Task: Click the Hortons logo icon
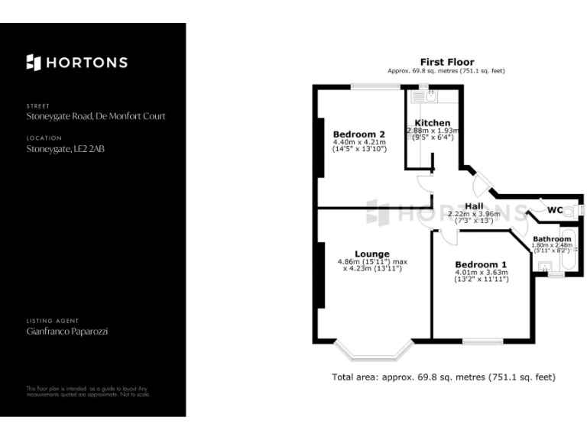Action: pyautogui.click(x=33, y=63)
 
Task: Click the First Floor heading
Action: pyautogui.click(x=447, y=62)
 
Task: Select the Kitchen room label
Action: pyautogui.click(x=433, y=123)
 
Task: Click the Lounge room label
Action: pyautogui.click(x=372, y=254)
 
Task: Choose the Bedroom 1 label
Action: pyautogui.click(x=482, y=264)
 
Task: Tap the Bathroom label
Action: pyautogui.click(x=552, y=239)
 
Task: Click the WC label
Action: pyautogui.click(x=555, y=210)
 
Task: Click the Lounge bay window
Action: pyautogui.click(x=375, y=351)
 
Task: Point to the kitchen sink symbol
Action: pyautogui.click(x=430, y=97)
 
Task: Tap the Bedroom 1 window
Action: pyautogui.click(x=482, y=341)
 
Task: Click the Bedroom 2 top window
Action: pyautogui.click(x=376, y=86)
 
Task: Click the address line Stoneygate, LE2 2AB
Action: pyautogui.click(x=65, y=149)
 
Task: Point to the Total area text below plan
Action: pyautogui.click(x=443, y=377)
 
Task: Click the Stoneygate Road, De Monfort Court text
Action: pyautogui.click(x=96, y=116)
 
